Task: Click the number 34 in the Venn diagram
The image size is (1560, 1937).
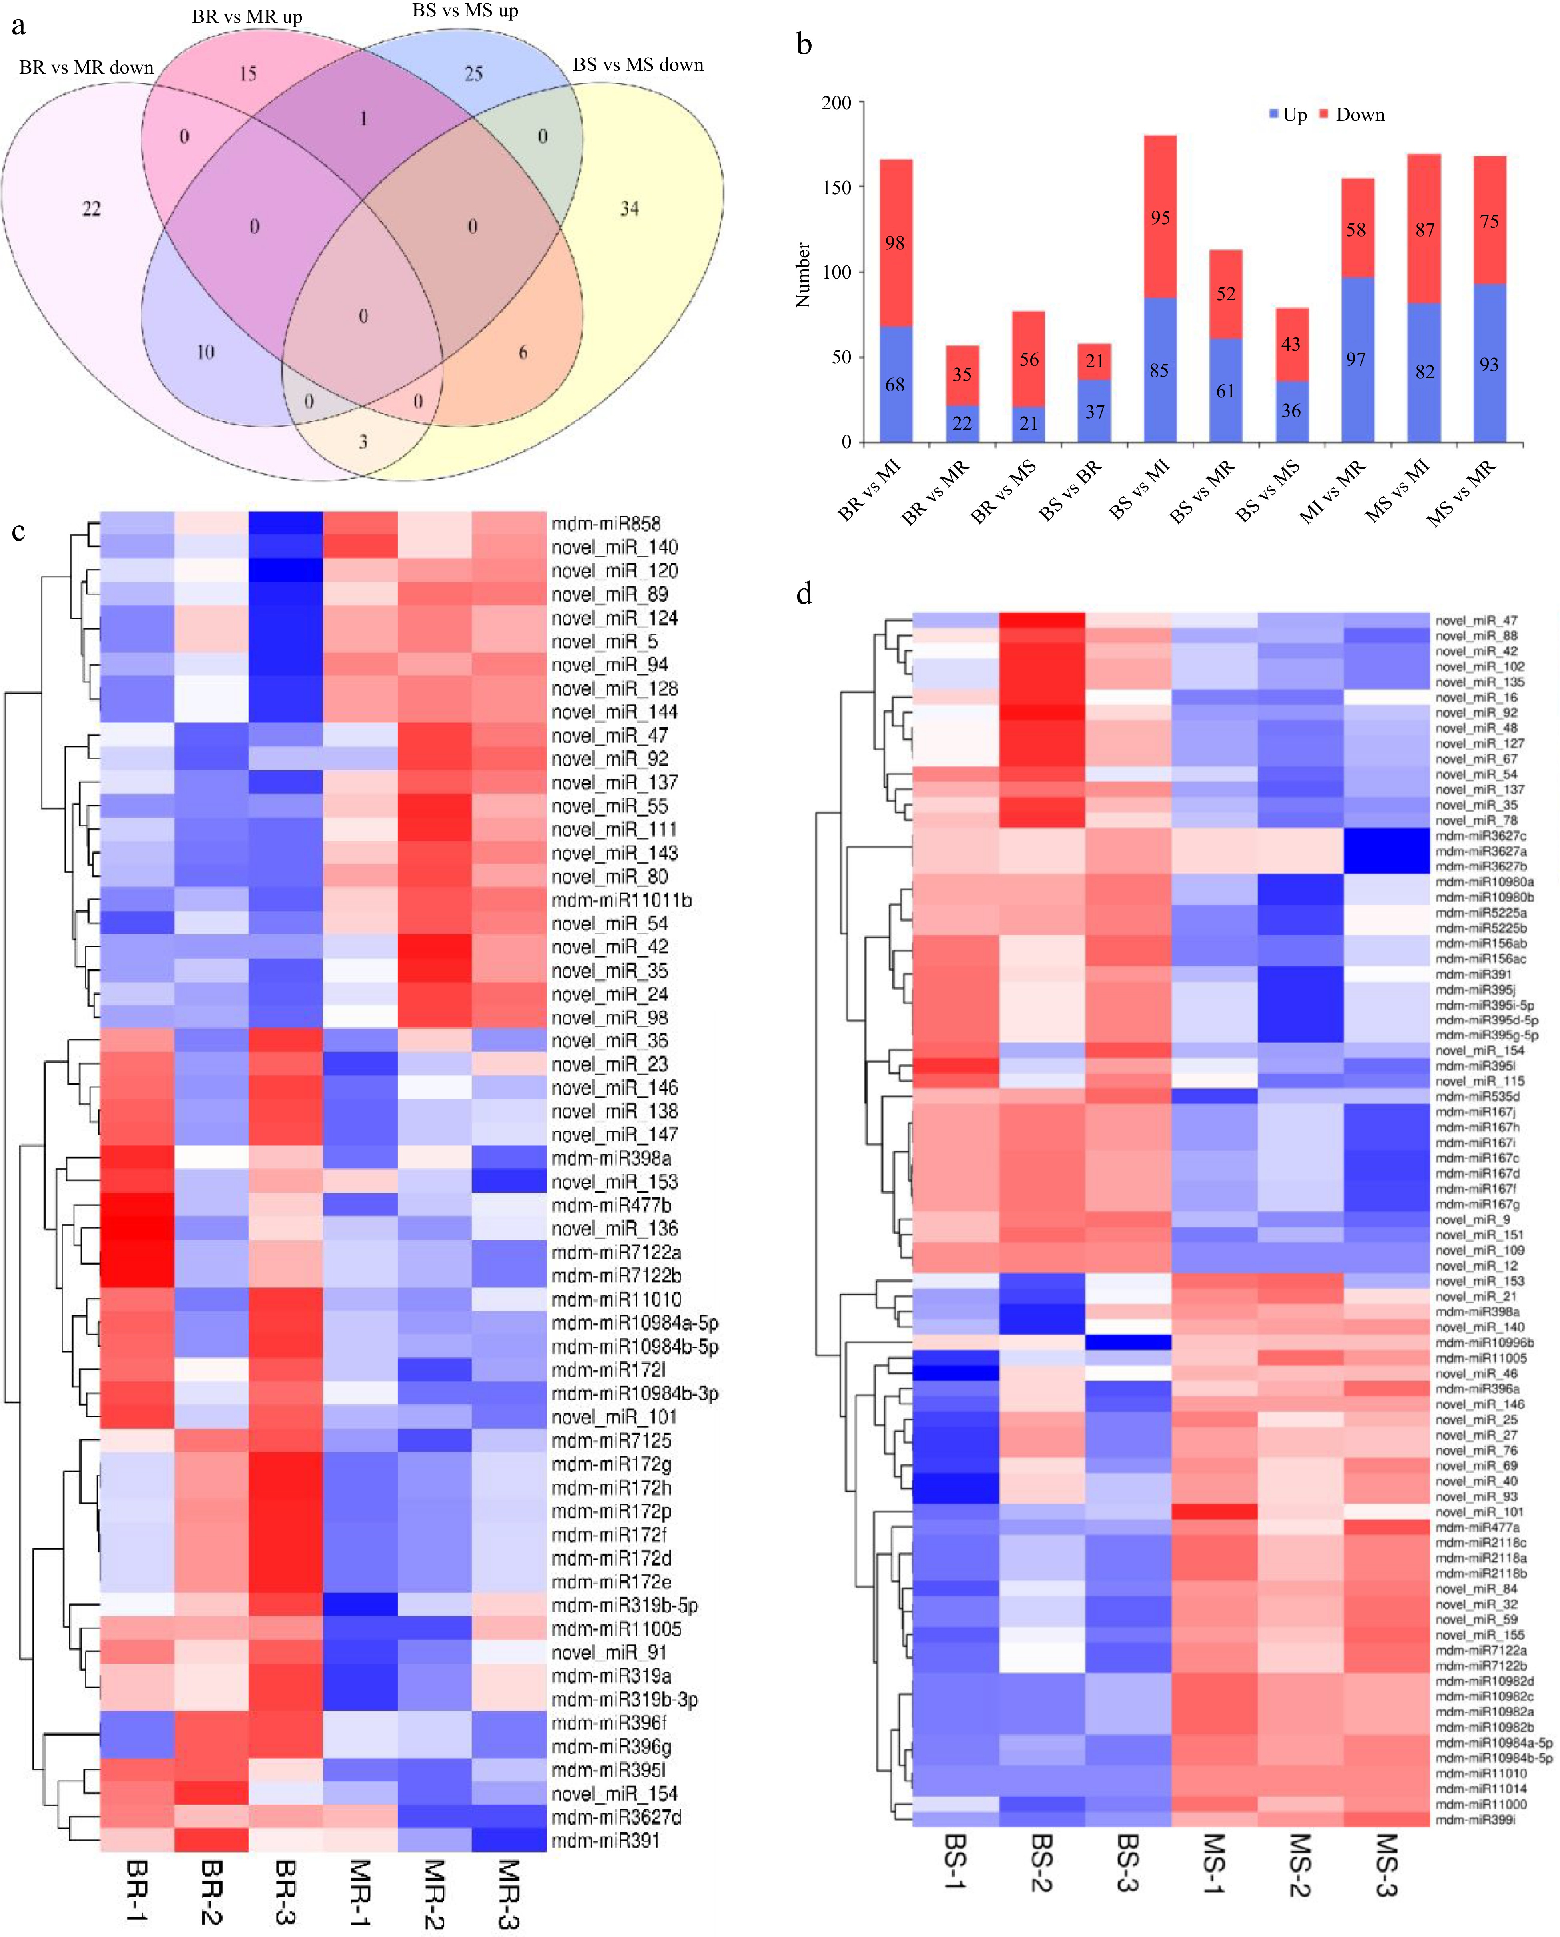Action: click(x=629, y=209)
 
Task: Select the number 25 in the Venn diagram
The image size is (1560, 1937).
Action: click(x=473, y=74)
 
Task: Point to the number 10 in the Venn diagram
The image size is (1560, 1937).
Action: click(x=205, y=352)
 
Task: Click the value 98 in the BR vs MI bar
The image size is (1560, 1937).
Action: click(x=895, y=243)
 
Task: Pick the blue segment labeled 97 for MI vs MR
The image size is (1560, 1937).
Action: click(x=1356, y=359)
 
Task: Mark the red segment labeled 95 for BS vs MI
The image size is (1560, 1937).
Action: click(x=1160, y=217)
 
